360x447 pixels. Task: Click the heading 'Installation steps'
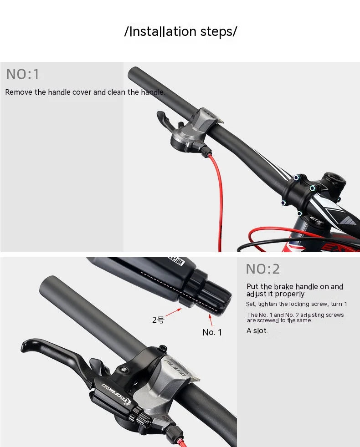coord(180,32)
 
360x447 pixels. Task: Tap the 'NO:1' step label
coord(23,74)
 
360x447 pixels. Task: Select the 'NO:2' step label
coord(262,269)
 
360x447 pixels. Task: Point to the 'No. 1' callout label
coord(212,332)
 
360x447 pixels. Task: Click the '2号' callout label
coord(158,320)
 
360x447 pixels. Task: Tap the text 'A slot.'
coord(257,331)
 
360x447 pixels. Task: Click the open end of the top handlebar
coord(134,73)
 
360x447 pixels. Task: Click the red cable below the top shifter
coord(216,191)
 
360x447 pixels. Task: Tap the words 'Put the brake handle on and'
coord(295,287)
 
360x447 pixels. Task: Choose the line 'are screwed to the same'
coord(279,320)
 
